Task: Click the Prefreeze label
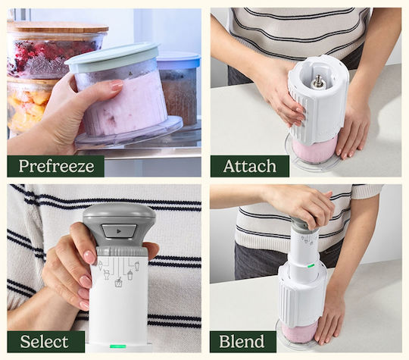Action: pyautogui.click(x=56, y=166)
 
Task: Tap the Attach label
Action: pyautogui.click(x=250, y=166)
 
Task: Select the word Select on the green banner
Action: pyautogui.click(x=45, y=342)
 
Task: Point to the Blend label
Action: pyautogui.click(x=242, y=342)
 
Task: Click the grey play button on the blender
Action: pyautogui.click(x=119, y=230)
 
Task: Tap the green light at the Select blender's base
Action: pyautogui.click(x=118, y=346)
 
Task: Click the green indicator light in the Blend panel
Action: pyautogui.click(x=311, y=266)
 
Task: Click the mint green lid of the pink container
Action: pyautogui.click(x=111, y=57)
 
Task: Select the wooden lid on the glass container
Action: pyautogui.click(x=58, y=27)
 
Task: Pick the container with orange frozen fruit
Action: pyautogui.click(x=29, y=106)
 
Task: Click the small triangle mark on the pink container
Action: pyautogui.click(x=130, y=74)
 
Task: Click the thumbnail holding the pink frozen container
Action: pyautogui.click(x=104, y=92)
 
